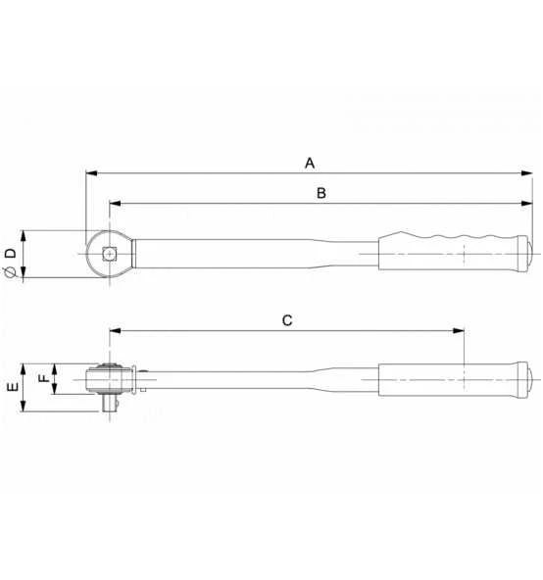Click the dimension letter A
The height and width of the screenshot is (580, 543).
[310, 163]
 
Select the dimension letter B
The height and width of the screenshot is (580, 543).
[321, 193]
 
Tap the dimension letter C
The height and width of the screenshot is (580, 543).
[287, 320]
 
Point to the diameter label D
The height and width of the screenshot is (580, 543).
[11, 254]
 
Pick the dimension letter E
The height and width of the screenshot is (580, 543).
[13, 387]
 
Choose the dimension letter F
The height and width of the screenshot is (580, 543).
[44, 378]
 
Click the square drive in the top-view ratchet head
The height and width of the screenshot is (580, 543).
[109, 254]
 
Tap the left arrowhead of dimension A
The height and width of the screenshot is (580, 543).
[91, 173]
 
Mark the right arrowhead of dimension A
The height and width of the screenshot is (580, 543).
[526, 173]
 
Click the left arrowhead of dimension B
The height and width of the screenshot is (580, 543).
[116, 203]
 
